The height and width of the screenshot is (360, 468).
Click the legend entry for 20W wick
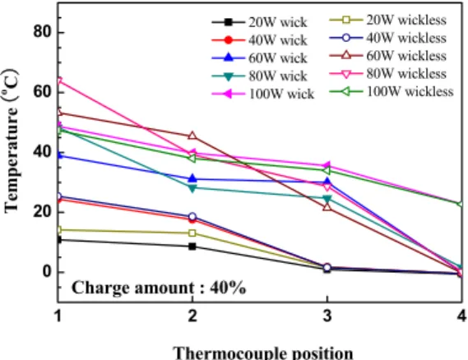pyautogui.click(x=259, y=22)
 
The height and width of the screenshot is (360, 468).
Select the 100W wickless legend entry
pyautogui.click(x=392, y=91)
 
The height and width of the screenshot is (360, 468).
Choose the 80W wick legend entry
pyautogui.click(x=259, y=76)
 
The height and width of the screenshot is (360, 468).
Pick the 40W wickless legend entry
pyautogui.click(x=388, y=38)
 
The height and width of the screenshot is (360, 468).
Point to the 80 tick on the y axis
pyautogui.click(x=44, y=31)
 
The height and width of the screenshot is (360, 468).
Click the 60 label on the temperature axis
pyautogui.click(x=44, y=92)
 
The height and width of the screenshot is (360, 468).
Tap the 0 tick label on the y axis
pyautogui.click(x=48, y=272)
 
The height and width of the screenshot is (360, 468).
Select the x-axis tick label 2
pyautogui.click(x=192, y=316)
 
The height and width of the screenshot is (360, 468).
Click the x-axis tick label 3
pyautogui.click(x=327, y=316)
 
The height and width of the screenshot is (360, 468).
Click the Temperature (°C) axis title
pyautogui.click(x=12, y=141)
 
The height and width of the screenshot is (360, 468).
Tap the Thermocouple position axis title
pyautogui.click(x=263, y=353)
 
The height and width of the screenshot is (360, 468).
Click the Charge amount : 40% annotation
pyautogui.click(x=159, y=288)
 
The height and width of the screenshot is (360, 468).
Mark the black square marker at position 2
pyautogui.click(x=192, y=247)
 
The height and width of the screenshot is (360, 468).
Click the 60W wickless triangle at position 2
pyautogui.click(x=192, y=136)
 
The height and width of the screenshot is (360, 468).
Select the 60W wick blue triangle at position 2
pyautogui.click(x=192, y=178)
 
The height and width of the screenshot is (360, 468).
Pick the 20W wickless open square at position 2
pyautogui.click(x=192, y=233)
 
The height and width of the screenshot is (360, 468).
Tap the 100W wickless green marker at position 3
pyautogui.click(x=327, y=170)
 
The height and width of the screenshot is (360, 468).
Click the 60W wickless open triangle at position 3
pyautogui.click(x=327, y=206)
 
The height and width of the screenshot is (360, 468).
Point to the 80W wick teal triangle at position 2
pyautogui.click(x=192, y=188)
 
